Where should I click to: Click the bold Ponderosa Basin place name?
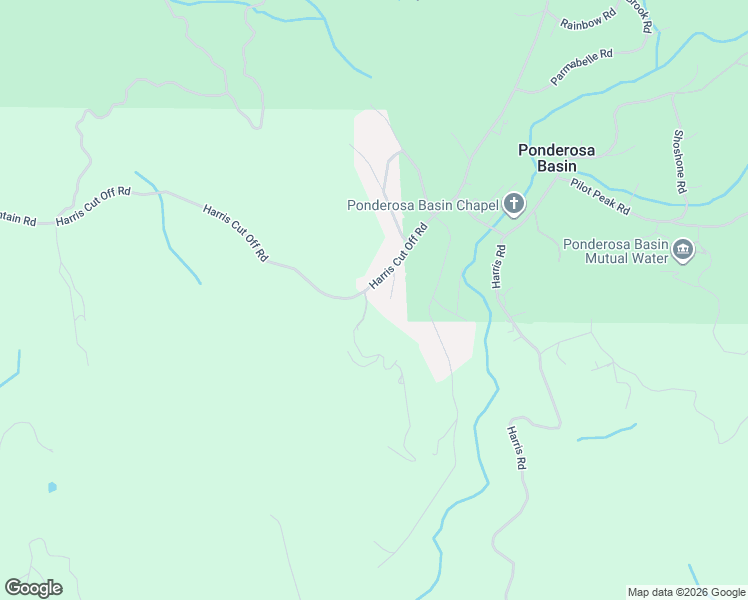[556, 158]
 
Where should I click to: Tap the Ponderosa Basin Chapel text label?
[422, 206]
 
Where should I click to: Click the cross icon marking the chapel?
[513, 206]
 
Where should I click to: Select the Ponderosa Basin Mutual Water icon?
[683, 250]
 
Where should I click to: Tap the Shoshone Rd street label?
[679, 161]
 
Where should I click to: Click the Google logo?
[33, 588]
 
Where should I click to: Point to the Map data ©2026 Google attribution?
[686, 592]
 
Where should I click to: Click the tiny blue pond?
[52, 488]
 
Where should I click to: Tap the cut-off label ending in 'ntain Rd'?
[18, 217]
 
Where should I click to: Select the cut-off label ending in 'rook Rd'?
[639, 14]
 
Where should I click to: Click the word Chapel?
[478, 206]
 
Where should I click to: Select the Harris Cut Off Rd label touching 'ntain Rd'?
[94, 205]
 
